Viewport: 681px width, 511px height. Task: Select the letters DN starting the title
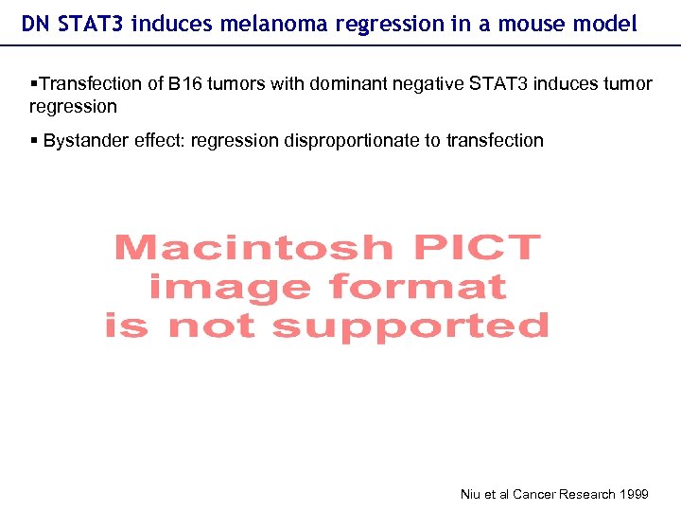pos(34,24)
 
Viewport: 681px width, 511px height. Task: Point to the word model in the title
pos(608,24)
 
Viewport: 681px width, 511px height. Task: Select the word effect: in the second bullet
pos(158,141)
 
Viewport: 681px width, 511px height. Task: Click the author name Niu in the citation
pos(471,494)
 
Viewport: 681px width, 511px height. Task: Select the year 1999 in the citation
pos(633,494)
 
